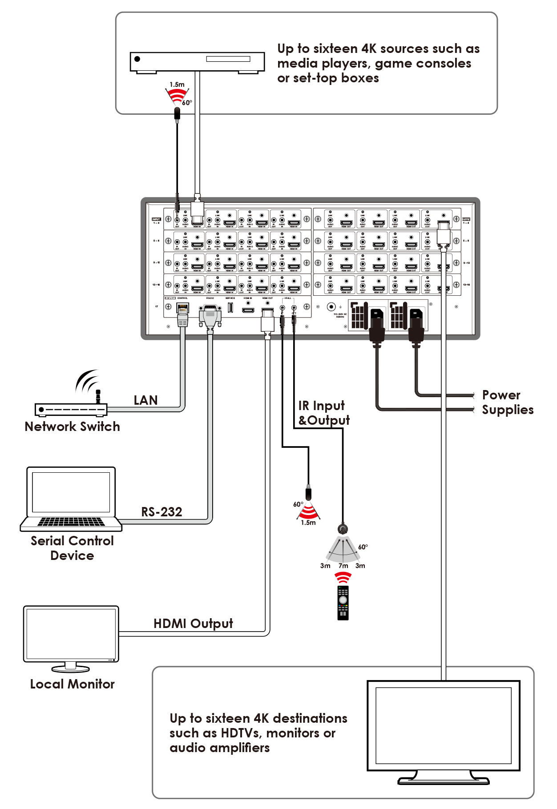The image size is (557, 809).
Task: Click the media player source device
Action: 197,62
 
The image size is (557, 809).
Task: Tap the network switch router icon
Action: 71,408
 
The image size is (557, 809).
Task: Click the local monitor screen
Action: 71,634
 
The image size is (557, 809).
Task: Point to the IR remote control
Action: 343,603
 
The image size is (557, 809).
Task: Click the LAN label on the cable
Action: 146,400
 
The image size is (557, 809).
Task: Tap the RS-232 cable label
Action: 161,512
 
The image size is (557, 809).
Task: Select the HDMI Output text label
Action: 193,624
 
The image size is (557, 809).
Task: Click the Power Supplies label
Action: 507,402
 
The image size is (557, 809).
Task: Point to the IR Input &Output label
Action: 323,413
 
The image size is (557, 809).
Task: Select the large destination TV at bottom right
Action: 443,729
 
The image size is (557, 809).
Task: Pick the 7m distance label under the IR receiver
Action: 343,566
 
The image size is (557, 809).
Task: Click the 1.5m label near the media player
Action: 177,85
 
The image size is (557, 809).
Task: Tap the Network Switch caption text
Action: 72,427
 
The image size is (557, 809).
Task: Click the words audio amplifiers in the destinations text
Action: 219,748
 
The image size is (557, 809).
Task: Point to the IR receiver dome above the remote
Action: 343,529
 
